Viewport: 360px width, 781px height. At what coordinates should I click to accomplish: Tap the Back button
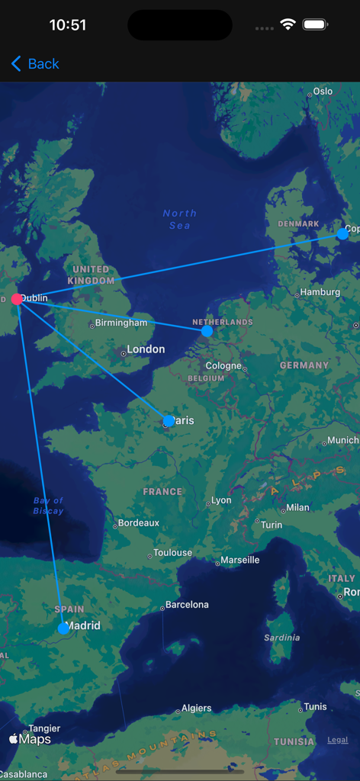coord(35,64)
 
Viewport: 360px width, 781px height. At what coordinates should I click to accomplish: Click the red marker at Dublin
coord(17,299)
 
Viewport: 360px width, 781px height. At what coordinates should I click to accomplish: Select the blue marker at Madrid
coord(63,628)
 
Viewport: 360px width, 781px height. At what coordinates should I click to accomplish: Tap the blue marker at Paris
coord(169,420)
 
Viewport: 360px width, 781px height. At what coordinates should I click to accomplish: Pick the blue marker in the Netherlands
coord(207,331)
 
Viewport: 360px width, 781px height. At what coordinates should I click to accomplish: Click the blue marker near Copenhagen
coord(342,234)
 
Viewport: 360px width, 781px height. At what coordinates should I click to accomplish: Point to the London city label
coord(145,349)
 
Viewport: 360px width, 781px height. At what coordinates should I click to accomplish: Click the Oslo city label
coord(323,92)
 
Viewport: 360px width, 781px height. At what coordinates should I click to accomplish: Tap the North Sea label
coord(179,220)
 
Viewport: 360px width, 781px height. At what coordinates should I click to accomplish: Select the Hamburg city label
coord(320,292)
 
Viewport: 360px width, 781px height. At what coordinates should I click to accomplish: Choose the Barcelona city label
coord(187,605)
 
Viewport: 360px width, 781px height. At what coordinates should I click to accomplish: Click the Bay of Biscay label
coord(48,506)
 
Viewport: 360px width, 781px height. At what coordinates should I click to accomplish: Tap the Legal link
coord(338,740)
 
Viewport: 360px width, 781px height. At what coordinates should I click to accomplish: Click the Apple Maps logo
coord(31,739)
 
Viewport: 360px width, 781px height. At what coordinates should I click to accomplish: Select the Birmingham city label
coord(121,323)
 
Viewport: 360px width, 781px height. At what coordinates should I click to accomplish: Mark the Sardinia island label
coord(281,638)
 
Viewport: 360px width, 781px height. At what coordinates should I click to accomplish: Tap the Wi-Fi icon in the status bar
coord(288,24)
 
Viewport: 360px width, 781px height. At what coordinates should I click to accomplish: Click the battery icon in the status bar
coord(315,24)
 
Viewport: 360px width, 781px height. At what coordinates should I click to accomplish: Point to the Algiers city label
coord(196,709)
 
